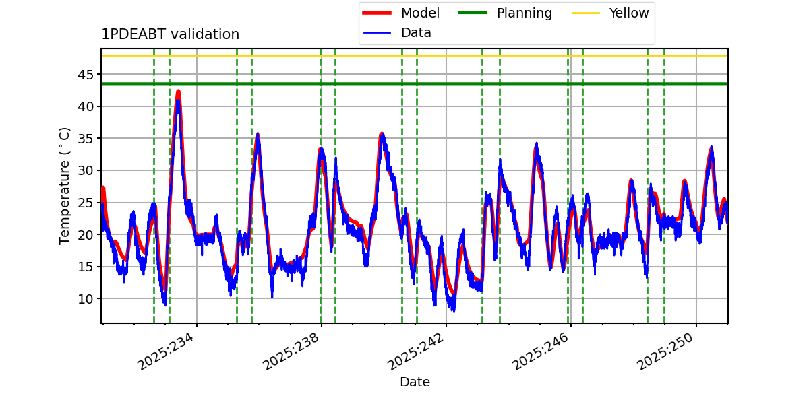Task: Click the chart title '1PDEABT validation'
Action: [170, 34]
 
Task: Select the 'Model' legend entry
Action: [401, 13]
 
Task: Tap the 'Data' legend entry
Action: [397, 33]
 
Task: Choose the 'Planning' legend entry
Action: [505, 13]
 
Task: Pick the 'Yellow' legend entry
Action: [610, 13]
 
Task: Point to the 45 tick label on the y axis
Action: [86, 75]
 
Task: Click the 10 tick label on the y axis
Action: [86, 299]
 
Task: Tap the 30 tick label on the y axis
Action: [86, 170]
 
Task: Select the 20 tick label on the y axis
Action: [86, 235]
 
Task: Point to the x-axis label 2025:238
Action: [291, 351]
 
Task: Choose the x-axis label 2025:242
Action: [416, 351]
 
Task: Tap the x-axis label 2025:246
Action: [541, 351]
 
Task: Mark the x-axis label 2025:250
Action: [665, 351]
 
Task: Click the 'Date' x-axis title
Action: [415, 382]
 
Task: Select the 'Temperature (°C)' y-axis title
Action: [64, 186]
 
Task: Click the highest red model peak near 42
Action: [178, 92]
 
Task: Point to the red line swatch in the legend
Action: [377, 13]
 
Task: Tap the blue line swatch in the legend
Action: [377, 33]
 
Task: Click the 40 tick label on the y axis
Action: [86, 107]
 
